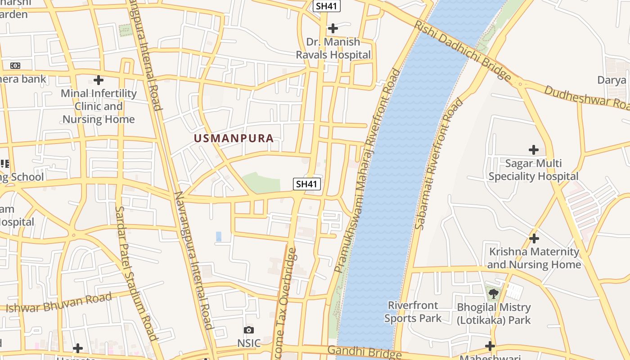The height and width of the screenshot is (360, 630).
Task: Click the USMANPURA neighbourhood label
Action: pyautogui.click(x=234, y=138)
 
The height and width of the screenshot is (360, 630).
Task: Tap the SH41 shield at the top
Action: pyautogui.click(x=327, y=6)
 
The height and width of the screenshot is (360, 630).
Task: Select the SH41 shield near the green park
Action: pyautogui.click(x=307, y=184)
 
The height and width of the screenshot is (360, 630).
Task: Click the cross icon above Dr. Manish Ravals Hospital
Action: pyautogui.click(x=333, y=28)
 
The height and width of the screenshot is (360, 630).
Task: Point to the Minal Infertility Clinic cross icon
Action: pyautogui.click(x=99, y=81)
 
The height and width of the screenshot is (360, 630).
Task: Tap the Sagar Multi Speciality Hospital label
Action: pyautogui.click(x=533, y=170)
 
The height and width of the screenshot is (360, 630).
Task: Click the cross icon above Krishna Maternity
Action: pyautogui.click(x=534, y=238)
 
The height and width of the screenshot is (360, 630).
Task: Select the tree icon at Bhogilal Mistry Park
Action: pyautogui.click(x=494, y=294)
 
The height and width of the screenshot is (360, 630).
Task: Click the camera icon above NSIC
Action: pyautogui.click(x=248, y=330)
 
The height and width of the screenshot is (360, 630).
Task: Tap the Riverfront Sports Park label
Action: pyautogui.click(x=413, y=312)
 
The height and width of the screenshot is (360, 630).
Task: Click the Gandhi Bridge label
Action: pyautogui.click(x=364, y=352)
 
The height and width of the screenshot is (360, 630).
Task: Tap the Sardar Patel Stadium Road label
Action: pyautogui.click(x=136, y=273)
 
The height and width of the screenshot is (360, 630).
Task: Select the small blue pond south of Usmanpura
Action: pyautogui.click(x=219, y=236)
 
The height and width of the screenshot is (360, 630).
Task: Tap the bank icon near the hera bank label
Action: pyautogui.click(x=15, y=66)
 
